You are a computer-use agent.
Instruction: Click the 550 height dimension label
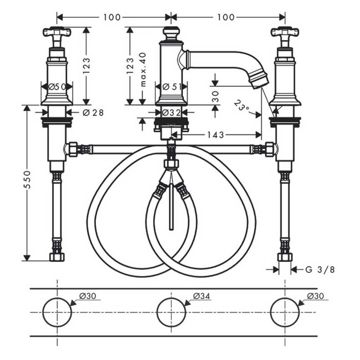(x=28, y=180)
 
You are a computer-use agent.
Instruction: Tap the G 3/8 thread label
(x=320, y=269)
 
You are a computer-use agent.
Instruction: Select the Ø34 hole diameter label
(x=202, y=296)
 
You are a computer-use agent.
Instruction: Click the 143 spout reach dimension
(x=216, y=135)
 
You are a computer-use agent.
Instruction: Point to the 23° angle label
(x=241, y=105)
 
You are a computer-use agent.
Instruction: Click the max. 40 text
(x=143, y=69)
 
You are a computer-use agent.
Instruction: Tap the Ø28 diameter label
(x=93, y=113)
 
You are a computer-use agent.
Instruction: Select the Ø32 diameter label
(x=172, y=112)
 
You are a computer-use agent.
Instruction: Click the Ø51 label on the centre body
(x=172, y=87)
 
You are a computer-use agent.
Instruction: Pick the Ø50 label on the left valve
(x=57, y=87)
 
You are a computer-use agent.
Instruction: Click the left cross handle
(x=57, y=32)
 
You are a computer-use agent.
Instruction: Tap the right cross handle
(x=285, y=32)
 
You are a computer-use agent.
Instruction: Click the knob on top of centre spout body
(x=171, y=33)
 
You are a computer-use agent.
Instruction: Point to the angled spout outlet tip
(x=260, y=81)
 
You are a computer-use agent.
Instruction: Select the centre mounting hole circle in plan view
(x=171, y=312)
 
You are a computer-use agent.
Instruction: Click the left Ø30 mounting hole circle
(x=57, y=312)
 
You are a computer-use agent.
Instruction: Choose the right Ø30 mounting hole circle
(x=285, y=312)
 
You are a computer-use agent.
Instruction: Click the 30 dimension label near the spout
(x=215, y=97)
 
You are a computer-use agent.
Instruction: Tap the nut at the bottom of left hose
(x=57, y=257)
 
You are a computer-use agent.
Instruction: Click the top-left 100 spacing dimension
(x=112, y=17)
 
